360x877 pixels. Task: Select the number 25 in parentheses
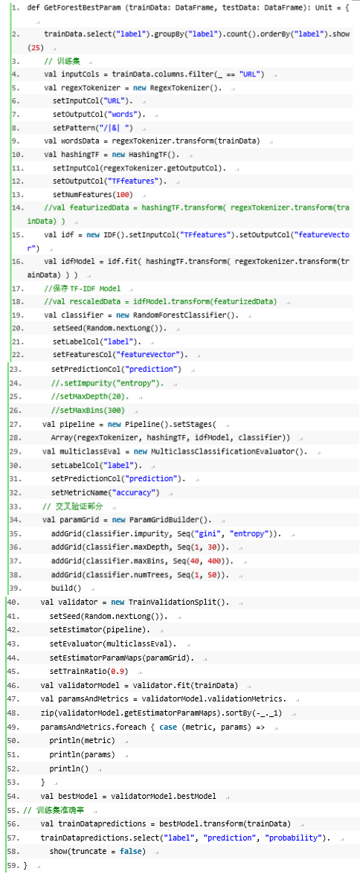pos(35,48)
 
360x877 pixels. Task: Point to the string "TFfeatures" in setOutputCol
pos(133,181)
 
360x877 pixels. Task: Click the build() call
pos(66,588)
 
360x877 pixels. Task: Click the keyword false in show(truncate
pos(129,851)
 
